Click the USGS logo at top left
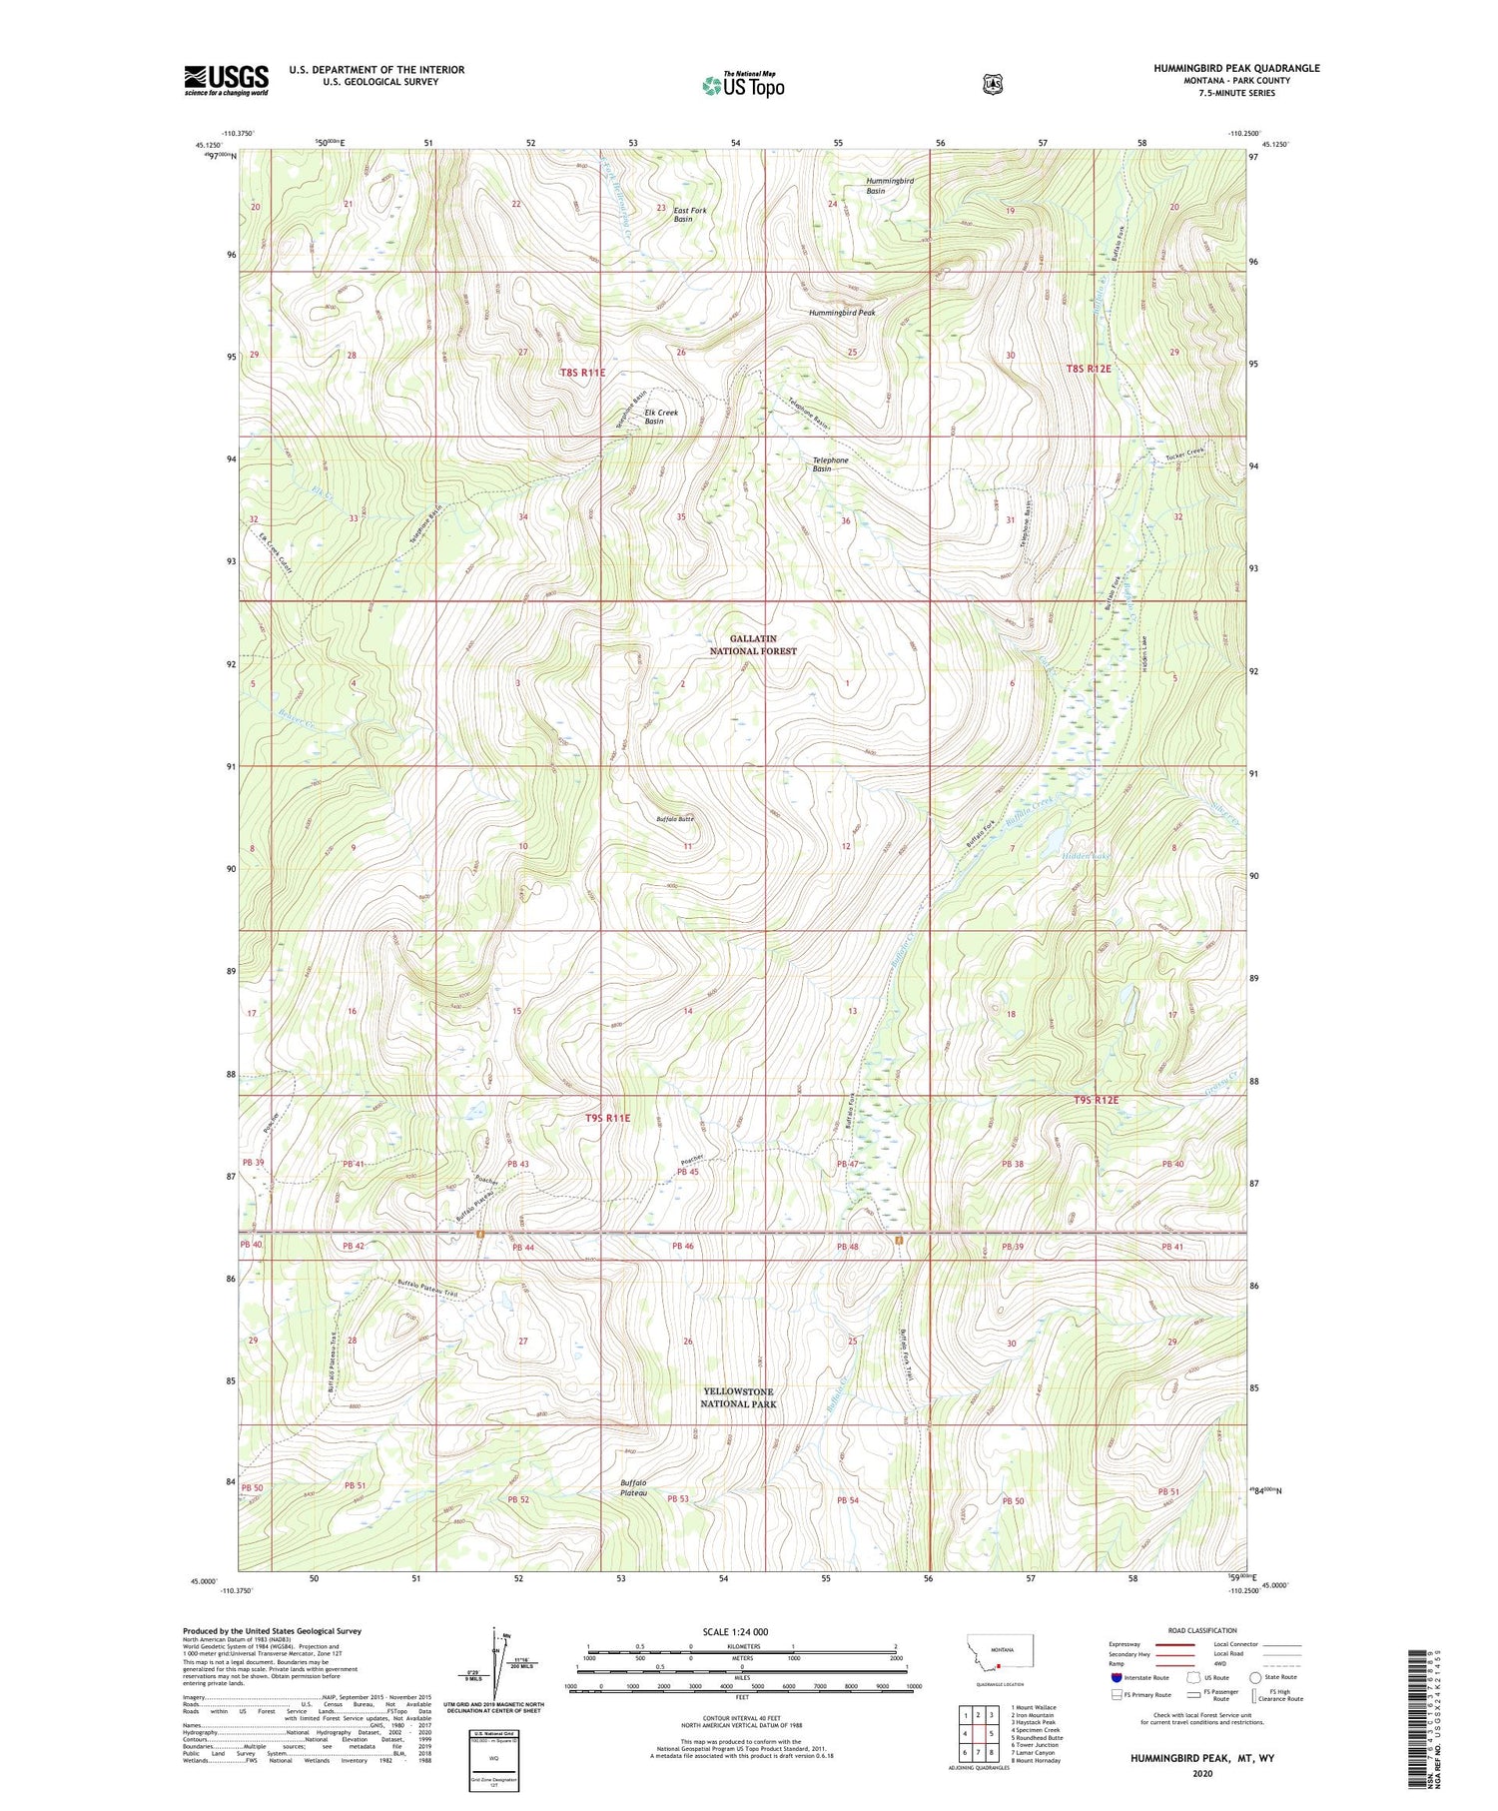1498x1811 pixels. coord(226,80)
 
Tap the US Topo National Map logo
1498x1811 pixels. coord(743,85)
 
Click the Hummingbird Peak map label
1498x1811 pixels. coord(841,313)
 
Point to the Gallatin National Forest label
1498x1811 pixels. coord(753,644)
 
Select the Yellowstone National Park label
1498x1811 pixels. coord(737,1397)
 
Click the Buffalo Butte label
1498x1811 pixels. coord(674,819)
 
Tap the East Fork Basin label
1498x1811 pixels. coord(689,215)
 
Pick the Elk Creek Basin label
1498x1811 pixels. coord(660,417)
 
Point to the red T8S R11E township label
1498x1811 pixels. coord(582,373)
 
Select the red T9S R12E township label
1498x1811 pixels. coord(1096,1100)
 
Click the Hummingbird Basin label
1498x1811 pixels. coord(889,186)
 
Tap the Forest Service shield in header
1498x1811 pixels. coord(992,85)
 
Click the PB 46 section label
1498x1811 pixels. coord(682,1247)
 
